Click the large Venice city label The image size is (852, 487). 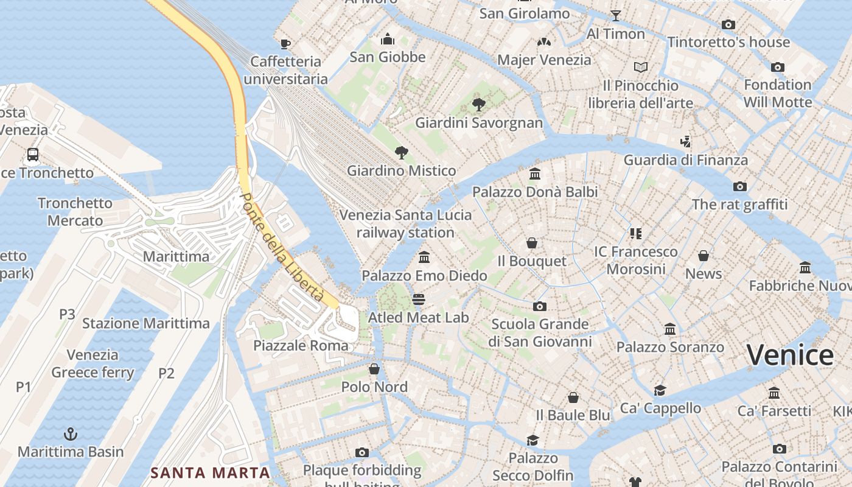click(x=790, y=355)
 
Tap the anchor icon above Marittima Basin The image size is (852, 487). click(x=71, y=434)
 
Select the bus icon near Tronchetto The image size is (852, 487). click(x=33, y=155)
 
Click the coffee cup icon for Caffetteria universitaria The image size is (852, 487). click(x=285, y=43)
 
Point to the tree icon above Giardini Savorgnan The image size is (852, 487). click(x=478, y=105)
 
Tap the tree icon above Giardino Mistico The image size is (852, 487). click(x=401, y=152)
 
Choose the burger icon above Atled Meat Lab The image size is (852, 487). click(x=418, y=300)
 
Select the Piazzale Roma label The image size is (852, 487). click(x=301, y=346)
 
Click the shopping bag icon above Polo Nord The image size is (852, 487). click(x=374, y=369)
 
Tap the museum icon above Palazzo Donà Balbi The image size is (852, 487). click(x=535, y=174)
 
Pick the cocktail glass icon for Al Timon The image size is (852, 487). click(x=616, y=16)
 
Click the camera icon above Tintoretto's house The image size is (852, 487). click(x=728, y=25)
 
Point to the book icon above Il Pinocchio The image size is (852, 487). click(x=641, y=67)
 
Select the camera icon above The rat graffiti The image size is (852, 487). click(x=740, y=186)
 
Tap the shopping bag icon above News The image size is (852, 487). click(x=704, y=256)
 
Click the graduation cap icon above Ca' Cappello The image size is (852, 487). click(x=660, y=390)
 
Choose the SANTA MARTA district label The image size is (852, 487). click(x=210, y=472)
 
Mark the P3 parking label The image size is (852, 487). click(x=67, y=315)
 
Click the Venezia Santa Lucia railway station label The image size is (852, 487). click(x=405, y=223)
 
